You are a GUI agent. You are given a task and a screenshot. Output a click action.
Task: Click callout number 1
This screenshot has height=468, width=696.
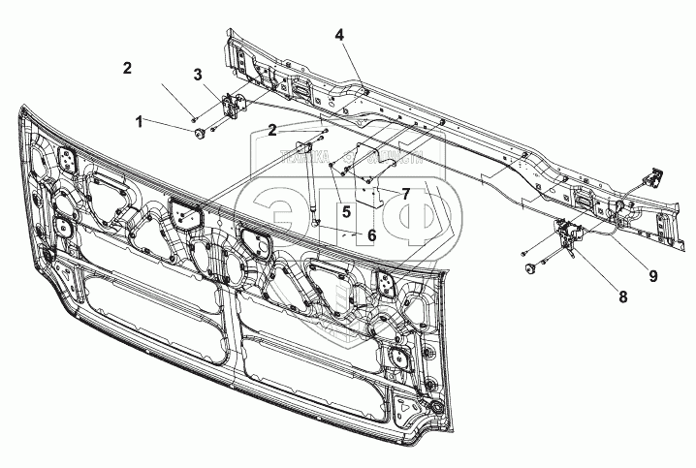point(141,122)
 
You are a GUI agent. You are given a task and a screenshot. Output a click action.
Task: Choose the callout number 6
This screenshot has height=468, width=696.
point(370,234)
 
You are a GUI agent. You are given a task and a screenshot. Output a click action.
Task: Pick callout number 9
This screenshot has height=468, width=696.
point(653,276)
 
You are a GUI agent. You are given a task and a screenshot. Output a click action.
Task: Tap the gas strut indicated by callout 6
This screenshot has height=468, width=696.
point(310,184)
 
